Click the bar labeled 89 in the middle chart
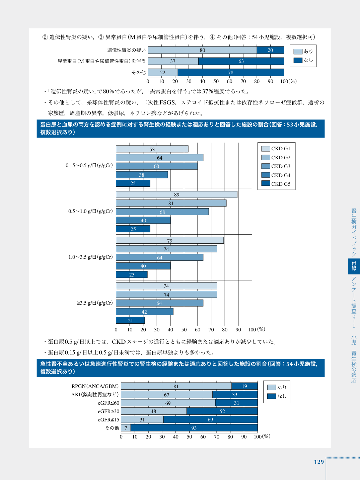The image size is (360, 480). pos(176,194)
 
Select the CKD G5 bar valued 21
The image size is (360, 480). pos(130,320)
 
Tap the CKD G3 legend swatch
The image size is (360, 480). pos(266,166)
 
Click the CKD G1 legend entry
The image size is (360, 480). pos(276,149)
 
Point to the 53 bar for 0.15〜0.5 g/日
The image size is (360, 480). pos(152,149)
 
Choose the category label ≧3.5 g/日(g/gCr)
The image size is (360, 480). pos(95,303)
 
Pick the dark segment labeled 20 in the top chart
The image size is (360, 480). pos(270,50)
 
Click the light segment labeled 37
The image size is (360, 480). pos(173,61)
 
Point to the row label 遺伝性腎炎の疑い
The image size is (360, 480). pos(126,50)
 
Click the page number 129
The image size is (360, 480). pos(319,462)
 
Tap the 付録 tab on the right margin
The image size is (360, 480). pos(354,266)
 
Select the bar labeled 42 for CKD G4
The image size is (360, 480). pos(145,311)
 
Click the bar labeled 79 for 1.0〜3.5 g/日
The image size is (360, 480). pos(170,240)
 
